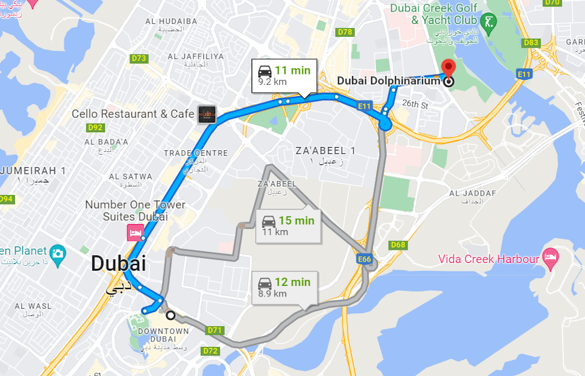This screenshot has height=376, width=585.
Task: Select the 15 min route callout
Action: (289, 226)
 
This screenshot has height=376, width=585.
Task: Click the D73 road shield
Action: (139, 58)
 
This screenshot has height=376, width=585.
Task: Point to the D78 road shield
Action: (345, 32)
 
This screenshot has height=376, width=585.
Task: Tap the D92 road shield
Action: (96, 128)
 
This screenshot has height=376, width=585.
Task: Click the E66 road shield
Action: (365, 258)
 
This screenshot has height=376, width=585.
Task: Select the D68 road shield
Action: (398, 245)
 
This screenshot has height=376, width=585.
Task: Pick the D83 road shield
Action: (531, 43)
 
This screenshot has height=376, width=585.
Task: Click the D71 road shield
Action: (214, 330)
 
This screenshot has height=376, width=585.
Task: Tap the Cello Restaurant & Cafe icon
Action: (207, 114)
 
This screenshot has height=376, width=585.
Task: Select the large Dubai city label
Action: (118, 263)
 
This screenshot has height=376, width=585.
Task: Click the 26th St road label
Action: (414, 104)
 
